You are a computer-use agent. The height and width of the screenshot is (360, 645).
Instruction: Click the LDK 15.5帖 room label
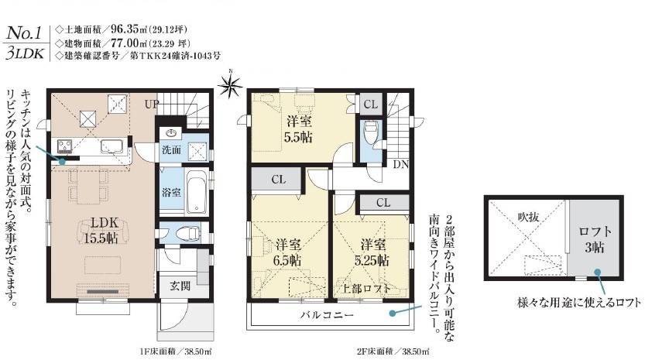[x=101, y=230]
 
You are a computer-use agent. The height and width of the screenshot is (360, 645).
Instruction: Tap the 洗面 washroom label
[x=171, y=149]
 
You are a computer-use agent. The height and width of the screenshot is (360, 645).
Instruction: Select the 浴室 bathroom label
[x=171, y=192]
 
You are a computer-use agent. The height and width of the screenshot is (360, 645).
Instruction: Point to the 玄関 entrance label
[x=180, y=286]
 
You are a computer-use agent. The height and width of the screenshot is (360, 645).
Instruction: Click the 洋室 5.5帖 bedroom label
[x=299, y=129]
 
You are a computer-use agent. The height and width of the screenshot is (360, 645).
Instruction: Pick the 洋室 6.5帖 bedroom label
[x=288, y=252]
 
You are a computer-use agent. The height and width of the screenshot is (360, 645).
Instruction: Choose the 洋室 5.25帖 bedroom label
[x=372, y=252]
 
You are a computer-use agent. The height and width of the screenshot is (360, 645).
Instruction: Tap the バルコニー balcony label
[x=327, y=316]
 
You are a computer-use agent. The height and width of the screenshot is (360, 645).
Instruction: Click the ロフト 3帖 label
[x=595, y=239]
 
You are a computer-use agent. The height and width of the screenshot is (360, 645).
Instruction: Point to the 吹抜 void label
[x=528, y=217]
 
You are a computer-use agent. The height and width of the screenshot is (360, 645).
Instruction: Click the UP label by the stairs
[x=151, y=105]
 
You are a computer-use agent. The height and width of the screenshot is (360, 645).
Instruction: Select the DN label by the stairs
[x=400, y=165]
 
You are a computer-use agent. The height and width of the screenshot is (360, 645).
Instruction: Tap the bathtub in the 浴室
[x=197, y=193]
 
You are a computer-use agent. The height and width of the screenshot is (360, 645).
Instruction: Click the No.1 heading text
[x=24, y=34]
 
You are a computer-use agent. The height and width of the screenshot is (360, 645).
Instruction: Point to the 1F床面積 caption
[x=176, y=351]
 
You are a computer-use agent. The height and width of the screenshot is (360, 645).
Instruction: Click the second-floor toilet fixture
[x=371, y=132]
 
